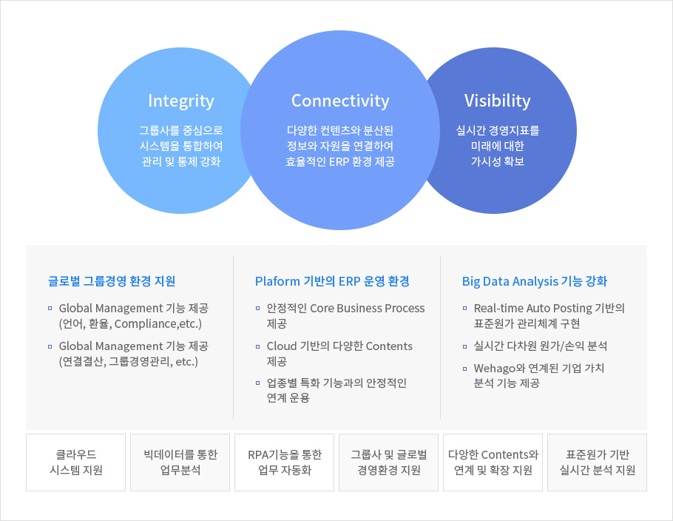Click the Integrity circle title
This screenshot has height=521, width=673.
[180, 101]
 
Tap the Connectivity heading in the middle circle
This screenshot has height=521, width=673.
[340, 101]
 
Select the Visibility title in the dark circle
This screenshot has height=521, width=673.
[498, 101]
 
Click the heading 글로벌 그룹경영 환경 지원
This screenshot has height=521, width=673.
[112, 281]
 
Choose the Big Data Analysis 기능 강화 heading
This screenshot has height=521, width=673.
[535, 281]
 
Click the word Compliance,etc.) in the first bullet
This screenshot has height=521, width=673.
[158, 323]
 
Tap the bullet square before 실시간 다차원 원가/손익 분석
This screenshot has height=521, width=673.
[465, 346]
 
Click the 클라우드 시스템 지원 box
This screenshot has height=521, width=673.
[76, 462]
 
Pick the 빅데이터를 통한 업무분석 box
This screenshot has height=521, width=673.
[180, 462]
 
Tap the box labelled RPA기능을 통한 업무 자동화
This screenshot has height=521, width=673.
[285, 462]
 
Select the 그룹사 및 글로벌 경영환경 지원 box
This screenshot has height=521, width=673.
[389, 462]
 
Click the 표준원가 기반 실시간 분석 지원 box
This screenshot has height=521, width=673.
[598, 462]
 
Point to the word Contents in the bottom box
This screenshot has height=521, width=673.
[506, 454]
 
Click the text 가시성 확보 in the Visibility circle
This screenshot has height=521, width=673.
[498, 161]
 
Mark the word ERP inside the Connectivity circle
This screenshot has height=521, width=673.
[339, 161]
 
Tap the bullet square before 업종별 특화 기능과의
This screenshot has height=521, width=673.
[257, 383]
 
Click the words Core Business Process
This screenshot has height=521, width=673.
[368, 309]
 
